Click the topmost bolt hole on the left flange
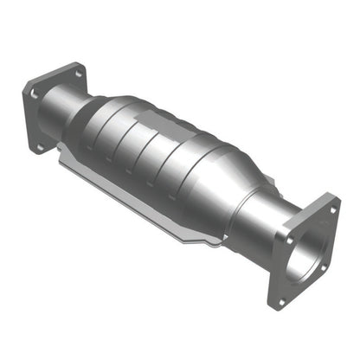tap(77, 74)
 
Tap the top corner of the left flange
tap(79, 64)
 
